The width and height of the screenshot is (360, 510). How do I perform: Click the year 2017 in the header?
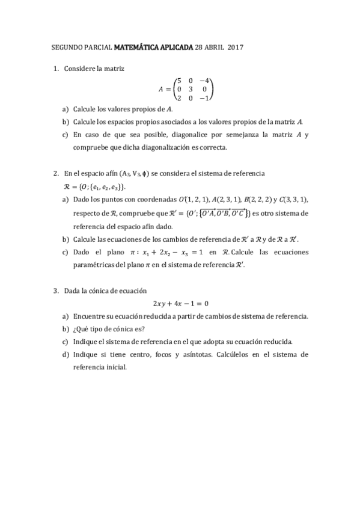(236, 46)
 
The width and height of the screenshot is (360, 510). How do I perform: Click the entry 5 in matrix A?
(179, 81)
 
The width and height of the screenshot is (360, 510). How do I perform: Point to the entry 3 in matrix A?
(191, 90)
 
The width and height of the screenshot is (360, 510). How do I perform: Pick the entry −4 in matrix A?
(204, 81)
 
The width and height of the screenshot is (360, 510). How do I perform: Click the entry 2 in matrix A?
(179, 99)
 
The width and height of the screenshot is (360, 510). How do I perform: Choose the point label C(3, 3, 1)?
(294, 200)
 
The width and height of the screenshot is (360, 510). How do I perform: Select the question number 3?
(55, 290)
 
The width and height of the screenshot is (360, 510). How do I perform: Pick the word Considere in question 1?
(82, 68)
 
